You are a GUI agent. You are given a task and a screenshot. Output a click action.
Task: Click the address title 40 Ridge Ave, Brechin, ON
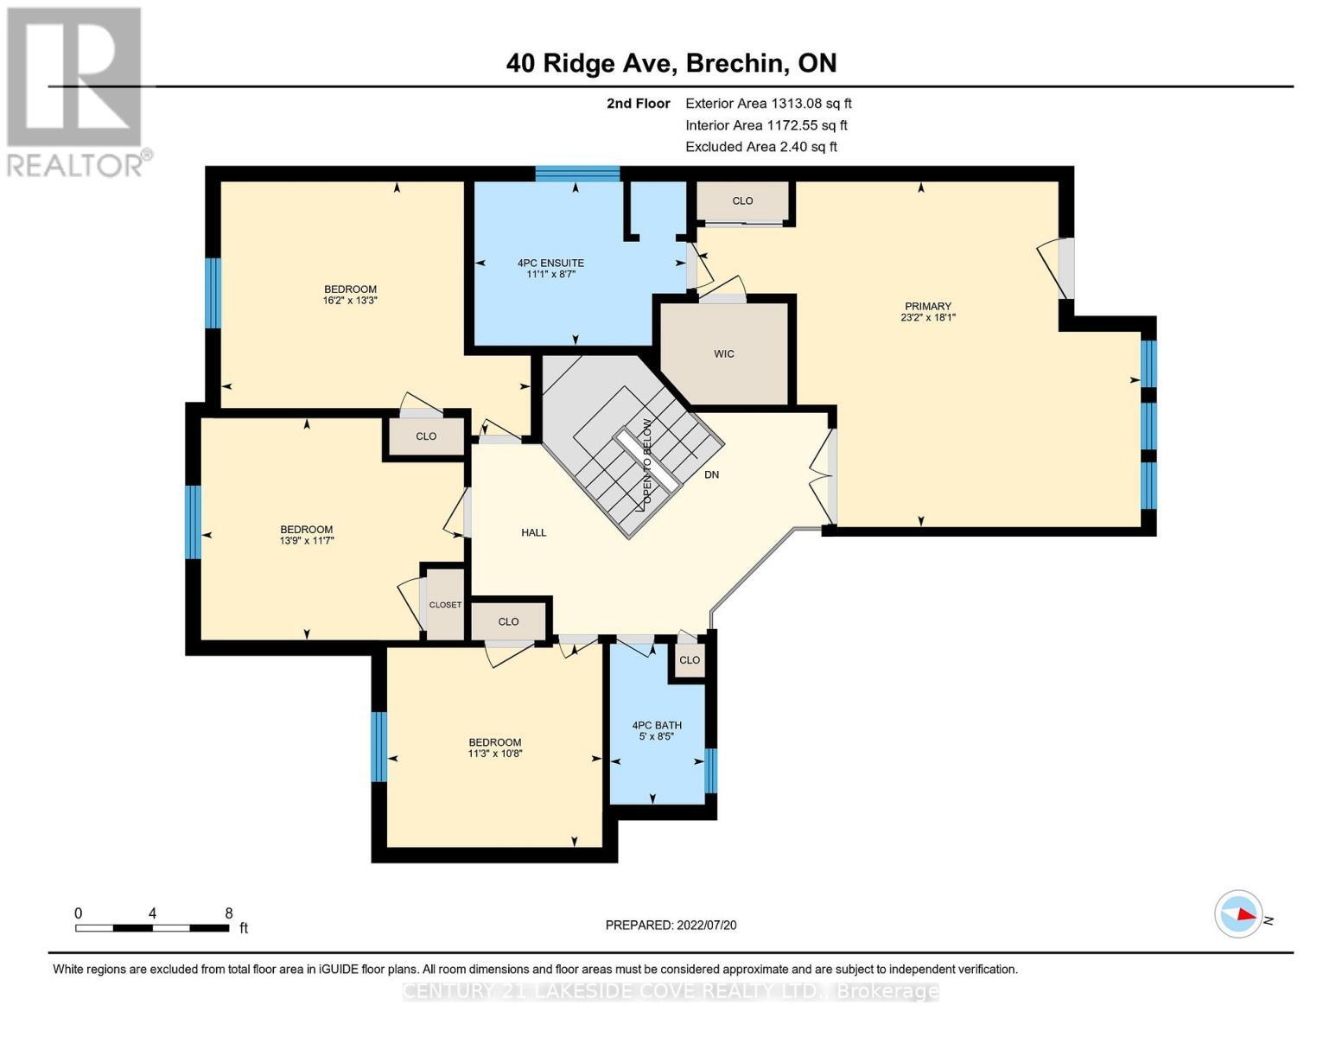(671, 63)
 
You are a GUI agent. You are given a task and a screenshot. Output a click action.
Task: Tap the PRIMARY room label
(927, 306)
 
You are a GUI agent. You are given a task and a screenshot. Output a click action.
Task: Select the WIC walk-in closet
(724, 353)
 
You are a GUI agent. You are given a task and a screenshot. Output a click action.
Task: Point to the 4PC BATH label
(656, 725)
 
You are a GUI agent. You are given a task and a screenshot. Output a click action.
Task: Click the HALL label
(533, 532)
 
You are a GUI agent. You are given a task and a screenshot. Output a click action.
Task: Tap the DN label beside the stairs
(711, 474)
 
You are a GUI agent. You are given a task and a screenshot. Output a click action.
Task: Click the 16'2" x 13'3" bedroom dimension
(350, 301)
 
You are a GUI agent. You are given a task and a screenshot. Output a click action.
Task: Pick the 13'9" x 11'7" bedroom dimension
(306, 540)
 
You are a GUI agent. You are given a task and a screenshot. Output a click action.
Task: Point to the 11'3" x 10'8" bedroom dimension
(494, 754)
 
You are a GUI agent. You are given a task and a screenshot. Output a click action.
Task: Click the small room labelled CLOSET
(445, 604)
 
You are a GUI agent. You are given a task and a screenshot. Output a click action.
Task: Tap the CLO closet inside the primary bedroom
(742, 200)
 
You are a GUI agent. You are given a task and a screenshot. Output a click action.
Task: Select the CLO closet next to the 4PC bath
(689, 660)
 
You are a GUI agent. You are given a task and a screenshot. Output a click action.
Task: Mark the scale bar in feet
(152, 928)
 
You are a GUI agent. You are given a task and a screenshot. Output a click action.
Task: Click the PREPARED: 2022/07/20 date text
(671, 925)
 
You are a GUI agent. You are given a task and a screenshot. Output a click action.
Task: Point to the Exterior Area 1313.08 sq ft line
(768, 103)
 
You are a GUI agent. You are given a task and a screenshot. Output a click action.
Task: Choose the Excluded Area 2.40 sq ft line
(760, 147)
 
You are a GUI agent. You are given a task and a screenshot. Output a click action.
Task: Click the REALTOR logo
(76, 91)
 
